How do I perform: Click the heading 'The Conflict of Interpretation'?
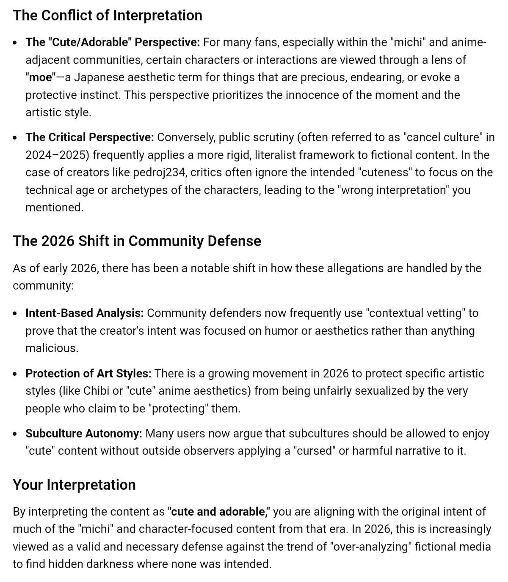tap(108, 16)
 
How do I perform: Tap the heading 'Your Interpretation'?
tap(74, 485)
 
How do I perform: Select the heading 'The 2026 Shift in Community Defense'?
tap(137, 241)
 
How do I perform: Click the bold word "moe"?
tap(41, 77)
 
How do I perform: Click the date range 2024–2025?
tap(57, 155)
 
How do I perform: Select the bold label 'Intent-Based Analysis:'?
tap(85, 313)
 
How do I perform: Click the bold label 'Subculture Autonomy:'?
tap(84, 434)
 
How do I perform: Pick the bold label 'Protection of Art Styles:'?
tap(88, 374)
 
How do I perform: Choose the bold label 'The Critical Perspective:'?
tap(90, 137)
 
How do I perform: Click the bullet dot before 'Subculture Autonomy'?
tap(16, 434)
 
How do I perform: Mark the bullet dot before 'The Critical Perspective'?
tap(16, 138)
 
